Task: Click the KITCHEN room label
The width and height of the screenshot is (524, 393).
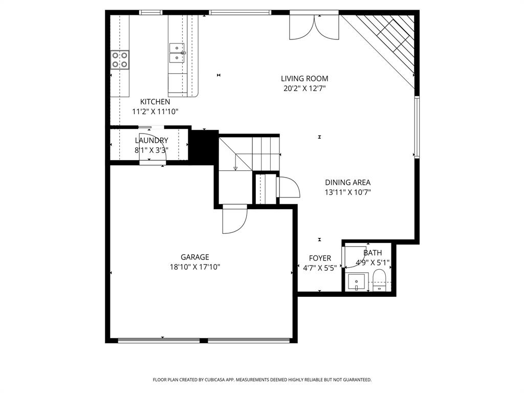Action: point(155,102)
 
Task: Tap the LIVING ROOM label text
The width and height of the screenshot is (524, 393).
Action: point(304,78)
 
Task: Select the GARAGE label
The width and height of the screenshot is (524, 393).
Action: point(194,257)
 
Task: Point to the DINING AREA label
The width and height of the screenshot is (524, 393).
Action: point(347,182)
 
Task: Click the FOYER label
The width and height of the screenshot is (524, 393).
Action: point(320,258)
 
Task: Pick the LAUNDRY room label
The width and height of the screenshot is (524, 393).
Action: point(151,140)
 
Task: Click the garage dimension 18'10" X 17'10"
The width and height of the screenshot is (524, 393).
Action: point(194,267)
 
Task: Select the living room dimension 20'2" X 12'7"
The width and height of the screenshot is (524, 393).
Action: point(304,88)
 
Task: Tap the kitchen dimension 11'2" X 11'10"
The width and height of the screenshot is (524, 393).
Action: point(155,111)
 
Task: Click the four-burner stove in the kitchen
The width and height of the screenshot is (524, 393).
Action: point(120,60)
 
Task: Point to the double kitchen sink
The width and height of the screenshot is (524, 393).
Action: point(178,53)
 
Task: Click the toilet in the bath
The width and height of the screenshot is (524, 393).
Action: point(379,281)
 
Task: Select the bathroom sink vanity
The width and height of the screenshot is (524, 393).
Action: point(356,282)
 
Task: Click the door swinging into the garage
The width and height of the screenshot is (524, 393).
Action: point(235,220)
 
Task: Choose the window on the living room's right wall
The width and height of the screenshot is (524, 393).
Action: point(417,127)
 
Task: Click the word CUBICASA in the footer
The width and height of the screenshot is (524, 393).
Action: point(211,380)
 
